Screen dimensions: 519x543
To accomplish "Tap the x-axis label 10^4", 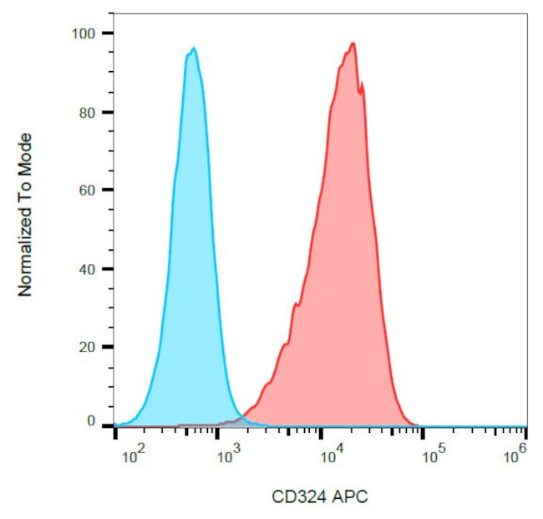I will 331,455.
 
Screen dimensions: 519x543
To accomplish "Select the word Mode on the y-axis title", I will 25,150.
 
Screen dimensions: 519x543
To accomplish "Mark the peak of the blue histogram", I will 193,48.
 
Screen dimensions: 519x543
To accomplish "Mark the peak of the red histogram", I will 353,43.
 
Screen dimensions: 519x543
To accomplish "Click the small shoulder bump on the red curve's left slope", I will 294,307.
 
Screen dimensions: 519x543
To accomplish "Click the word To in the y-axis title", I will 25,186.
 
